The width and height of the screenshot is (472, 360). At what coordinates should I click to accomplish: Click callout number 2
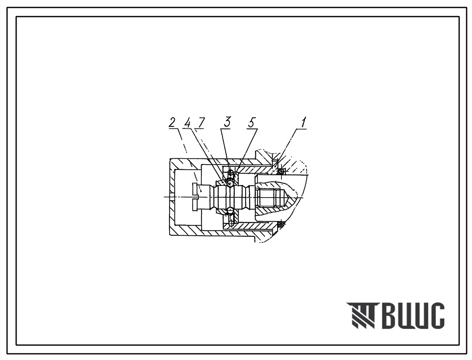(x=172, y=123)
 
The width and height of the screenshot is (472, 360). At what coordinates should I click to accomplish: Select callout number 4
(x=188, y=123)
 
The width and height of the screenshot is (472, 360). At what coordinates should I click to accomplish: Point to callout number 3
(x=227, y=122)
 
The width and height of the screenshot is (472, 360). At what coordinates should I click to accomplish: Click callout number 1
(x=304, y=122)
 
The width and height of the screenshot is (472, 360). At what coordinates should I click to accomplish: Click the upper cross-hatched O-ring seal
(x=281, y=172)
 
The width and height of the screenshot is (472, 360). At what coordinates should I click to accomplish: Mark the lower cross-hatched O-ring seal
(x=282, y=224)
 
